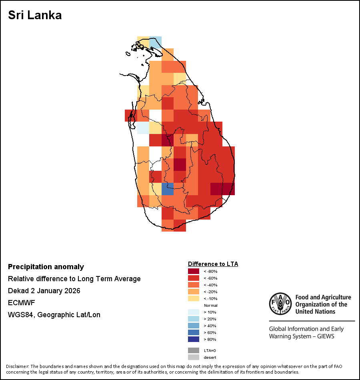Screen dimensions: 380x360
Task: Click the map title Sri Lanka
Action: [35, 16]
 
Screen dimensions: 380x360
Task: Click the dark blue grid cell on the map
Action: [168, 188]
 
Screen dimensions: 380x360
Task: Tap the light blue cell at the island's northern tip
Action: [156, 42]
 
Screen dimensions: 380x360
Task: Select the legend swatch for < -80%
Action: [194, 271]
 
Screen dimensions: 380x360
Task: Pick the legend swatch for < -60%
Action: [194, 278]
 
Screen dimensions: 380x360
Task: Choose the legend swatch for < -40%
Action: [194, 285]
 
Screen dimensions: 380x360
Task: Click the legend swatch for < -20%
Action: [194, 292]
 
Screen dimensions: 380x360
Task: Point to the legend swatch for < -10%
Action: [194, 298]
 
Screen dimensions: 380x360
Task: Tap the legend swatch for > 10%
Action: [194, 312]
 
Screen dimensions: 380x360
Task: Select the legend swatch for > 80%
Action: [194, 339]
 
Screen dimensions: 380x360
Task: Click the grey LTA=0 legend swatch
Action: [194, 350]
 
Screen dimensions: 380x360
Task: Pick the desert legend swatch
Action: [194, 357]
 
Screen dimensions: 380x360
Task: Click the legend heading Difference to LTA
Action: [213, 264]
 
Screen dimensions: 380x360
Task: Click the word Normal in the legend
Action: [210, 305]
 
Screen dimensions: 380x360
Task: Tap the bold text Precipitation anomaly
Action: [46, 267]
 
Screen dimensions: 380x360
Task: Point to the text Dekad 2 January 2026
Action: [44, 291]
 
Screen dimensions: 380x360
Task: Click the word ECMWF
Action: [21, 303]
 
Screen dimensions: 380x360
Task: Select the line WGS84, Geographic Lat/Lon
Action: [54, 315]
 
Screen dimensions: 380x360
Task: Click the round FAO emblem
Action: [280, 304]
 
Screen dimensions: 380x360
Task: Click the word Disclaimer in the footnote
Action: [17, 366]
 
